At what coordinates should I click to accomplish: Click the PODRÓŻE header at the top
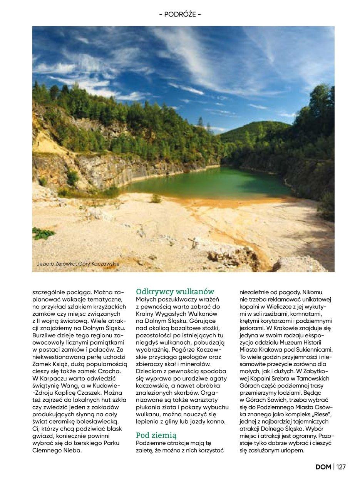(180, 15)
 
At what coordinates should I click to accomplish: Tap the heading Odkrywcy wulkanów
(175, 292)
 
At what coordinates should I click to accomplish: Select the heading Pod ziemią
(156, 435)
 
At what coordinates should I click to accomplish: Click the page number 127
(341, 467)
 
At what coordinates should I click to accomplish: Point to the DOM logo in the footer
(323, 467)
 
